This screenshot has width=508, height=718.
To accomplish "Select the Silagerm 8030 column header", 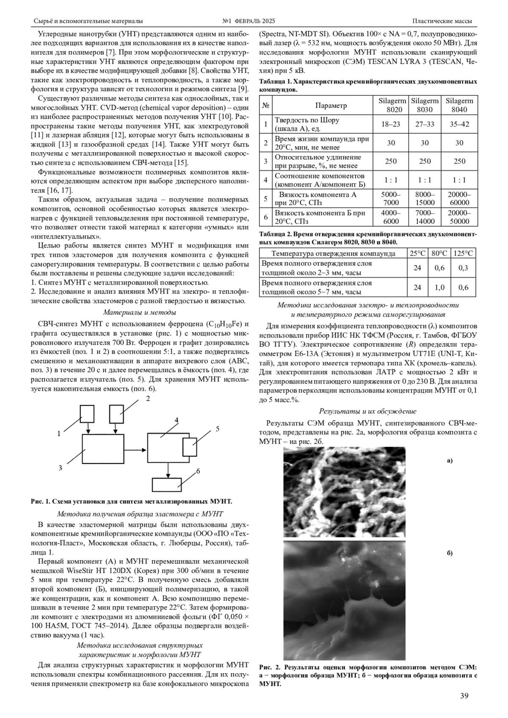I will (x=425, y=105).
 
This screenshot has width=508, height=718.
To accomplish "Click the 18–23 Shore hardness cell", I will (x=391, y=124).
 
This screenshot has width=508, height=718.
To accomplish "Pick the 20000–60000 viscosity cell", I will (x=459, y=198).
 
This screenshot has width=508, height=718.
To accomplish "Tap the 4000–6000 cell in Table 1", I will (x=391, y=217).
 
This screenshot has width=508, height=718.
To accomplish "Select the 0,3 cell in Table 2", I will (x=463, y=268).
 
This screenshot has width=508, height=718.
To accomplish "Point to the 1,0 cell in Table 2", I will (x=440, y=287).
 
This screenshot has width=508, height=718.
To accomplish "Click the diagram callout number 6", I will (x=198, y=471).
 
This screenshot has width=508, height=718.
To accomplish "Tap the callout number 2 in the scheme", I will (x=148, y=398).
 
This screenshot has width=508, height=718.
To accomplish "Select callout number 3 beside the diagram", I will (x=60, y=468).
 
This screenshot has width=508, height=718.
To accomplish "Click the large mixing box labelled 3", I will (x=103, y=449).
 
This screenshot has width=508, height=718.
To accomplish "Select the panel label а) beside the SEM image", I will (x=450, y=460).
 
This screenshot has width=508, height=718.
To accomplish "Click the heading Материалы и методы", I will (x=140, y=312).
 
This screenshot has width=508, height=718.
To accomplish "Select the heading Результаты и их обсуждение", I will (x=367, y=411).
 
